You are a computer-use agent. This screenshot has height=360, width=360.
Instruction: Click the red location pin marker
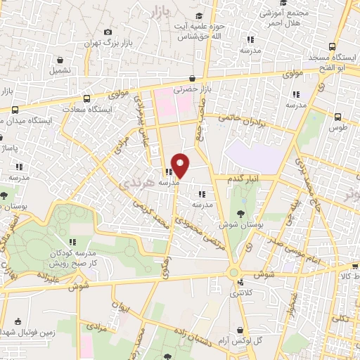(181, 164)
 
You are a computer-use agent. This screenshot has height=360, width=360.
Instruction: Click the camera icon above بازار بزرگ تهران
(107, 32)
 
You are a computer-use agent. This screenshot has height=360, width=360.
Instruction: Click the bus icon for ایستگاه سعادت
(86, 98)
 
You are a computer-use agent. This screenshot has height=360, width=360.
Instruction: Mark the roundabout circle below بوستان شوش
(234, 272)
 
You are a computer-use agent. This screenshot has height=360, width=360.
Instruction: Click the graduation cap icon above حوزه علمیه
(199, 15)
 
